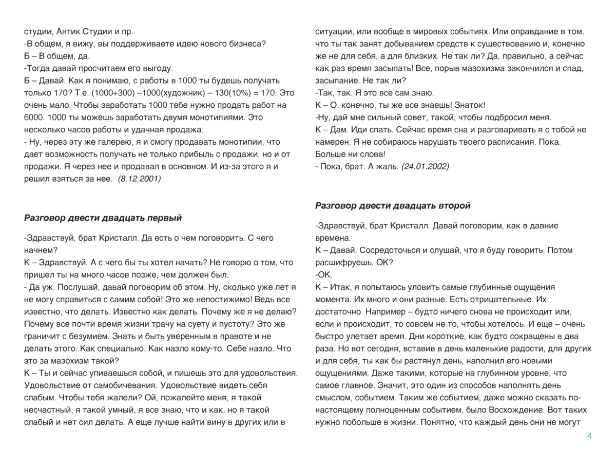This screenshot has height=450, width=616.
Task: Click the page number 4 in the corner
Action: [x=589, y=436]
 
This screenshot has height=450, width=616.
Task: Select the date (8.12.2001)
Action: [x=139, y=179]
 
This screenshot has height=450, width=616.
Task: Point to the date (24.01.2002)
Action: [x=425, y=166]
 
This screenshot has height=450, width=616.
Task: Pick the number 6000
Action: [x=34, y=118]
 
